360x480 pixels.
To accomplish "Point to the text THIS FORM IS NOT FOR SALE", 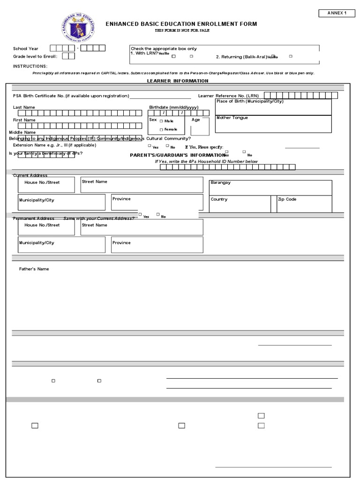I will [182, 30].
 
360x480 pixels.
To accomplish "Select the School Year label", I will [26, 48].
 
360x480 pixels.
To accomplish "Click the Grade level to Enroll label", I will [34, 56].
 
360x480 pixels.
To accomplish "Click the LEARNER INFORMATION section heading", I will [178, 81].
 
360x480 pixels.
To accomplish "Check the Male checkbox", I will [161, 121].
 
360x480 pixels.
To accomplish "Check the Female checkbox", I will [161, 129].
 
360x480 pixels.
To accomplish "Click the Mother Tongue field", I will [273, 124].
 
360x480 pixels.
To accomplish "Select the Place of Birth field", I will [273, 107].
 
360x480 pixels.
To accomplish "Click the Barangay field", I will [270, 187].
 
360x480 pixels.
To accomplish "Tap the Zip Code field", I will [304, 204].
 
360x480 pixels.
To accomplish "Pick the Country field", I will [240, 204].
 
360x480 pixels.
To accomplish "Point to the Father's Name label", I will [34, 269].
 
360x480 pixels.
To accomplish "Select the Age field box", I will [200, 125].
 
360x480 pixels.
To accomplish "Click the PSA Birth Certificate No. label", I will [71, 96].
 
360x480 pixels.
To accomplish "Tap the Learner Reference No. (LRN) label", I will [228, 96].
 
